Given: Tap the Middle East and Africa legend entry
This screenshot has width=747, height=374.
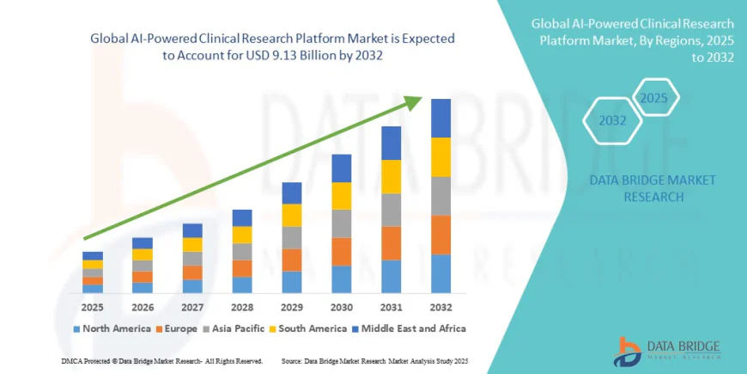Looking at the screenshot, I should click(x=407, y=328).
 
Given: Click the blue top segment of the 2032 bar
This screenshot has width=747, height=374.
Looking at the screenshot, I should click(x=440, y=118).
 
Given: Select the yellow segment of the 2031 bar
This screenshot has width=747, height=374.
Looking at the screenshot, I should click(x=392, y=176).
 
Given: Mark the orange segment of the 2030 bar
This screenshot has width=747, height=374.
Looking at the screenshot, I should click(x=342, y=251).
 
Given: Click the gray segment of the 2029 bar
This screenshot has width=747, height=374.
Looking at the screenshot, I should click(x=292, y=237).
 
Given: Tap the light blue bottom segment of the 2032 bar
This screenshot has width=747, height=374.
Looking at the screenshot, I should click(x=440, y=273).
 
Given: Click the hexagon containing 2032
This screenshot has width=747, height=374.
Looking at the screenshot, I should click(x=613, y=120).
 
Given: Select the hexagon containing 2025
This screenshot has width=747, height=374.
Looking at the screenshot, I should click(x=653, y=98).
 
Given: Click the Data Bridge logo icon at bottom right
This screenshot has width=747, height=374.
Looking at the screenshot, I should click(x=629, y=350).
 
